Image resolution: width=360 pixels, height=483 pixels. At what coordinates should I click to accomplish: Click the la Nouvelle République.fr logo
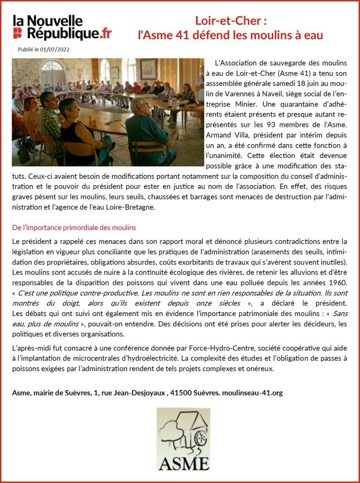[x=62, y=27]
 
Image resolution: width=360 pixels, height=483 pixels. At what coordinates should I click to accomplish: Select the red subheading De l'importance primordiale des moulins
[x=74, y=227]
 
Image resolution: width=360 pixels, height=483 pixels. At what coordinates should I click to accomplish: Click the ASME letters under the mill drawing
[x=184, y=463]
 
